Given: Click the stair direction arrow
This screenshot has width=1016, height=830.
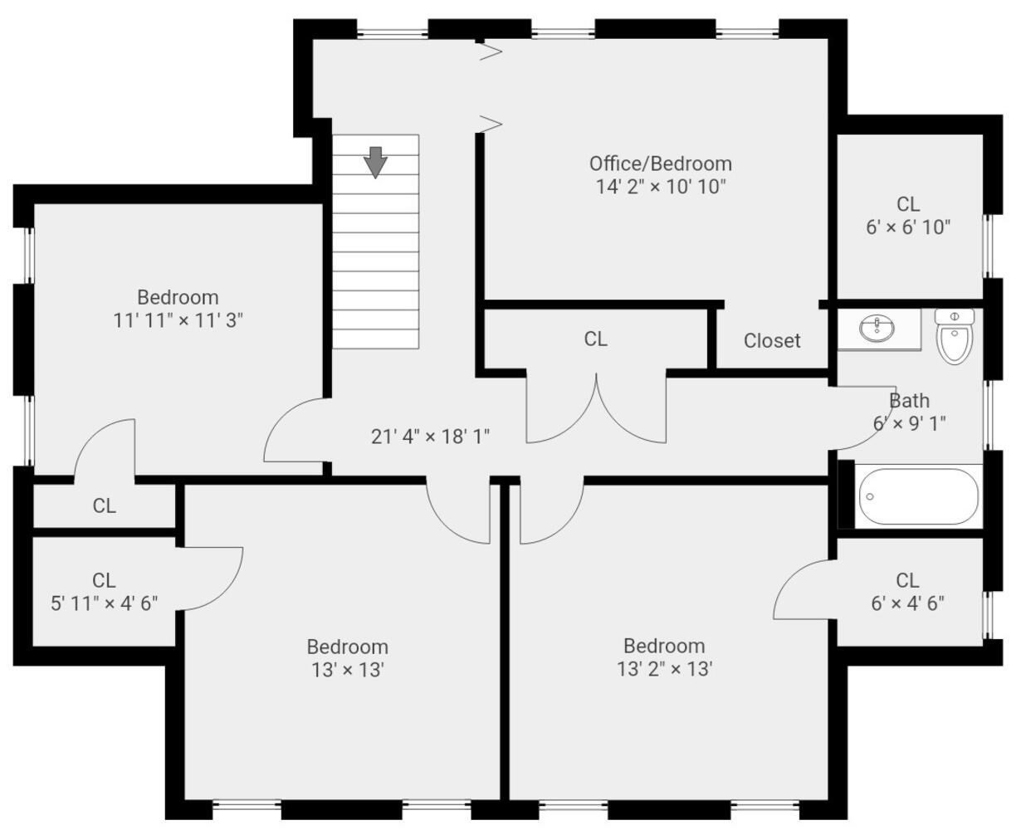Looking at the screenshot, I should coord(376,162).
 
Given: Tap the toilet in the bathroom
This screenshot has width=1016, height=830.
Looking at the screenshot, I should coord(955,336).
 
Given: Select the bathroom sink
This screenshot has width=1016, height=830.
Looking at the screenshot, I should coord(877,330).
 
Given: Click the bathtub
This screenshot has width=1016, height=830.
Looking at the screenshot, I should coord(917,497).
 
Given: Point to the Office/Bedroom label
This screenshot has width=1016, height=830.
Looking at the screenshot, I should coord(661,163).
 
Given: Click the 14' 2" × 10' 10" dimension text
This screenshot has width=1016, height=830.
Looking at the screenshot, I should coord(661,186).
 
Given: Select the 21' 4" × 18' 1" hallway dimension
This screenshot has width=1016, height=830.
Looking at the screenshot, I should coord(430,436).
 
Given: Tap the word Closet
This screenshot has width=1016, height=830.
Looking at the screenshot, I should coord(772,340).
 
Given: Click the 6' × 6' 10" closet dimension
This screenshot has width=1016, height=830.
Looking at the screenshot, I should coord(908,227).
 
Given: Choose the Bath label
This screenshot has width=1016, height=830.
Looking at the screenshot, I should coord(909,401).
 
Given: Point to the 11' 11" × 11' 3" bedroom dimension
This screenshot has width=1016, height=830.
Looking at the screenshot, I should coord(178,320).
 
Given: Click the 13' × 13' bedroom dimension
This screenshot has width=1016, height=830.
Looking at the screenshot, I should coord(347,669).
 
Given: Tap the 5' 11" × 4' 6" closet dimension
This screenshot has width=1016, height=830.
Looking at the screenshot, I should coord(104,603).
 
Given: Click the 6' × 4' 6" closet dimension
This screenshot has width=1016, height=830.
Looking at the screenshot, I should coord(907,603).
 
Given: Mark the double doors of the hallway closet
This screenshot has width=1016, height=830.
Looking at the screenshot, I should coord(596,411).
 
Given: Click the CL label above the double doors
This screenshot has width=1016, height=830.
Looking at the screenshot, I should coord(595,339).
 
